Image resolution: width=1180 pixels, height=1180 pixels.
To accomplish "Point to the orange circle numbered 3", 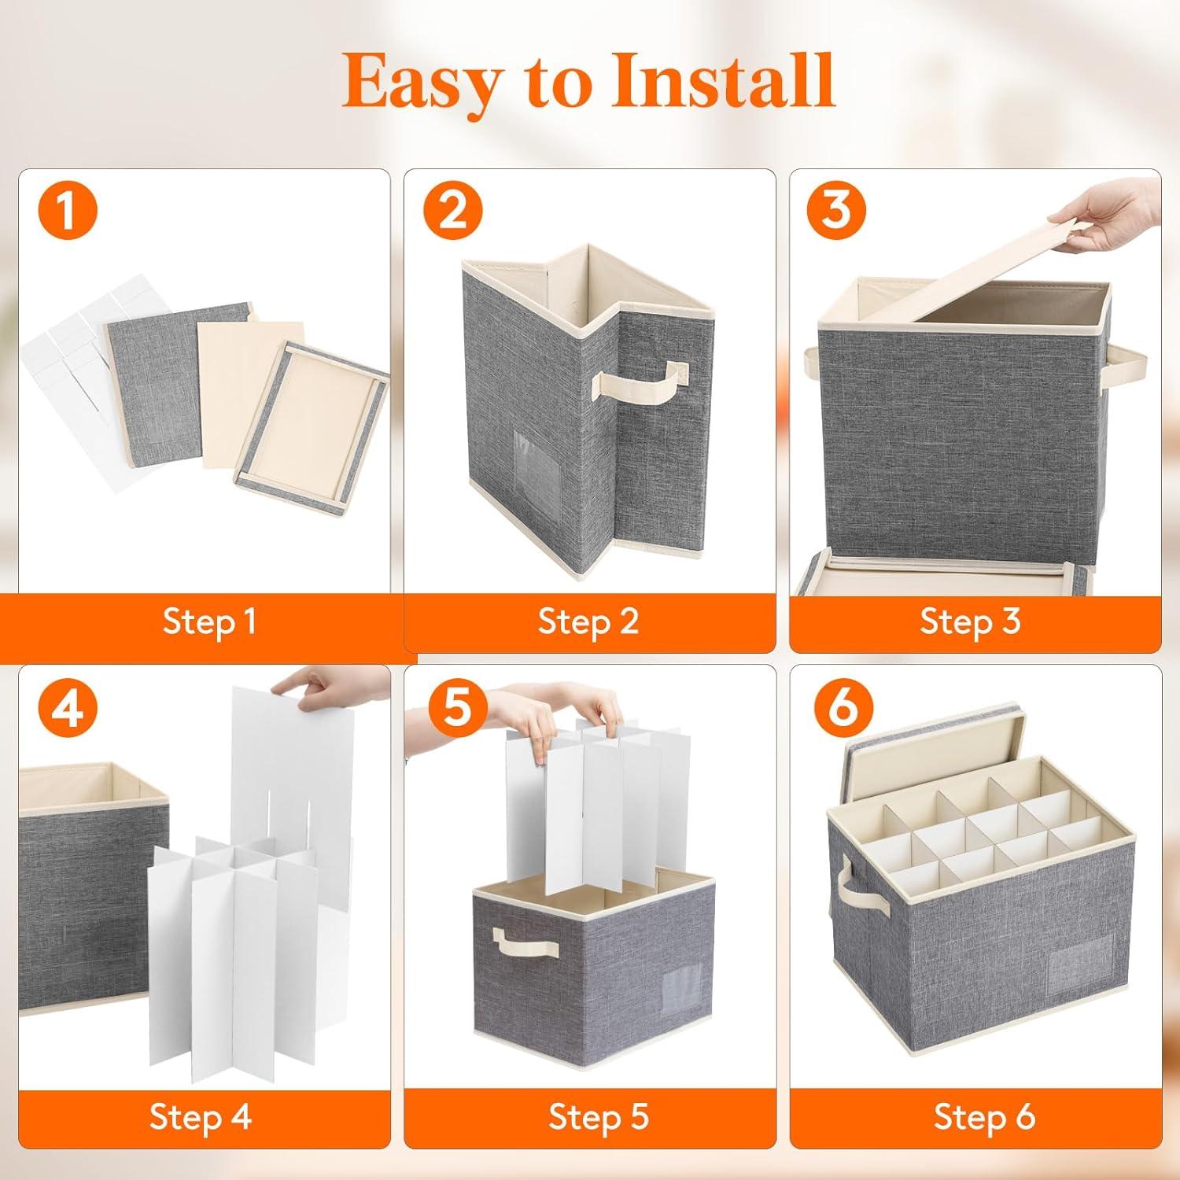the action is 836,211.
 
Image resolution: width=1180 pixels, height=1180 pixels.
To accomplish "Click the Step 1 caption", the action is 210,622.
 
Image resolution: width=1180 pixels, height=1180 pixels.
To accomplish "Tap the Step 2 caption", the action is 588,622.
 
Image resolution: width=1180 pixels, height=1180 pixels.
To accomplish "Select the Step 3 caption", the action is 971,622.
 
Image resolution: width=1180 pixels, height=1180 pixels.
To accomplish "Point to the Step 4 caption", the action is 201,1117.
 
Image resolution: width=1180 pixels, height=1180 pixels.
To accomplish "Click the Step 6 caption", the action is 985,1117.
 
